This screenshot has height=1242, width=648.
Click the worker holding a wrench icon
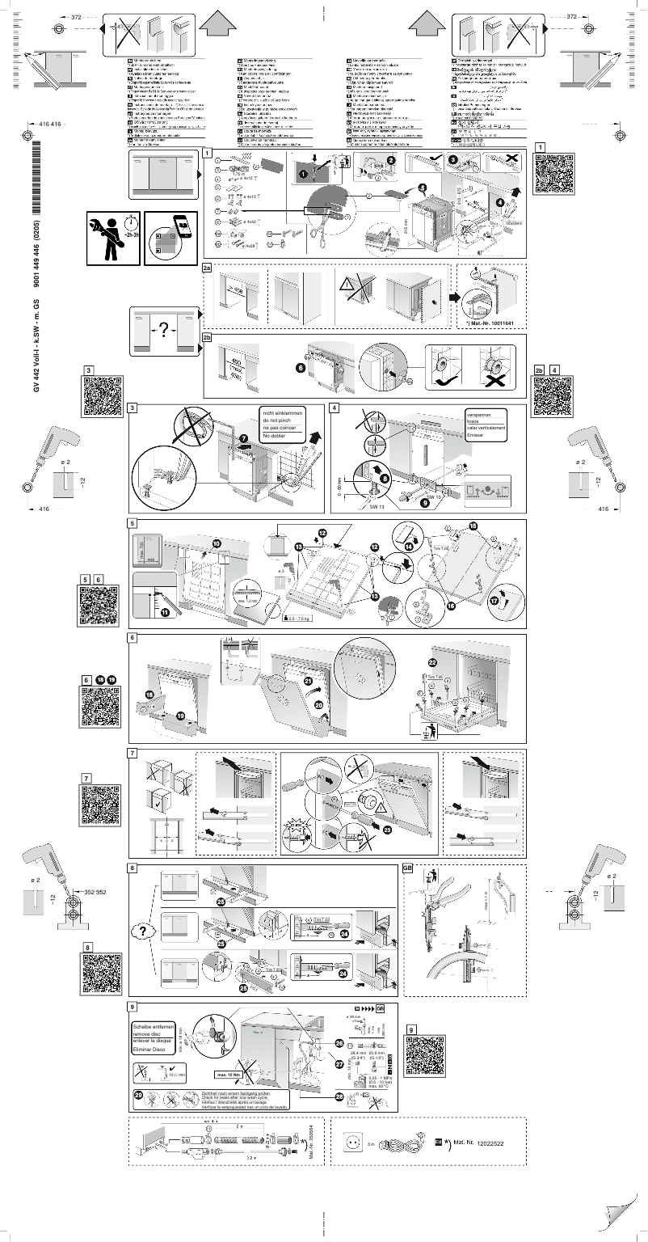(113, 238)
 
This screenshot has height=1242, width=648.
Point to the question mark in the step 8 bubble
(143, 931)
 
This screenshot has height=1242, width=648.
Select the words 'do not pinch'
(277, 422)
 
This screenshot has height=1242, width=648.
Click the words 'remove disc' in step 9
(152, 1034)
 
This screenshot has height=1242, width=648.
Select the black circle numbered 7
(243, 437)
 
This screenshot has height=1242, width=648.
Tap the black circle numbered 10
(217, 543)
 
